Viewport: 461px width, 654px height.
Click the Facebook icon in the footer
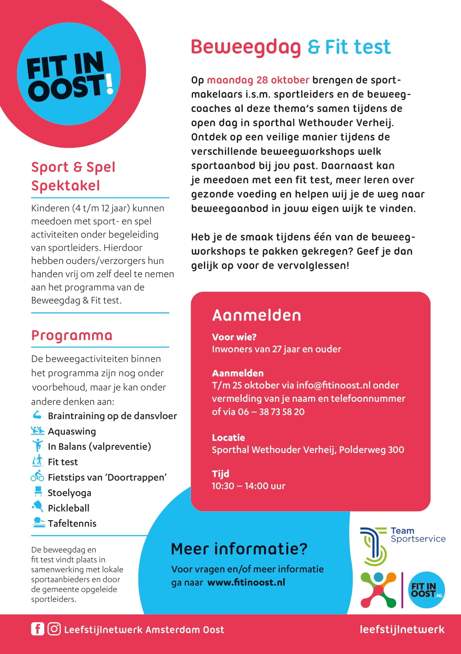point(38,629)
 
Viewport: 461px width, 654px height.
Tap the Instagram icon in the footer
point(54,629)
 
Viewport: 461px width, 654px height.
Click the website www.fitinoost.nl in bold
point(246,582)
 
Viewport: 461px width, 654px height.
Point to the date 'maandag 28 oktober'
point(258,80)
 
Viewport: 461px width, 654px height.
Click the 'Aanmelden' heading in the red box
point(257,315)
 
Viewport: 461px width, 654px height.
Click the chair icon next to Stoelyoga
point(38,492)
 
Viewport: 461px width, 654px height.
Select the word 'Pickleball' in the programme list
point(68,508)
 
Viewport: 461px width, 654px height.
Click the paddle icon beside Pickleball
point(38,507)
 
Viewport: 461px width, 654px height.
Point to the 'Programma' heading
point(72,336)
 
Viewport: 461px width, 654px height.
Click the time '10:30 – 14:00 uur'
point(248,486)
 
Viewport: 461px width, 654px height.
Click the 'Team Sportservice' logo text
point(418,535)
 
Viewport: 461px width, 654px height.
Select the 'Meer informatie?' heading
point(239,549)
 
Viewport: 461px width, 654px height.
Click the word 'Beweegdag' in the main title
point(246,47)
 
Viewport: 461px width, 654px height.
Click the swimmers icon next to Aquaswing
point(38,431)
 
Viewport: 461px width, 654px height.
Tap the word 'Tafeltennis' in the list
point(72,524)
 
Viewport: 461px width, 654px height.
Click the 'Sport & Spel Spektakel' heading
point(73,176)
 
